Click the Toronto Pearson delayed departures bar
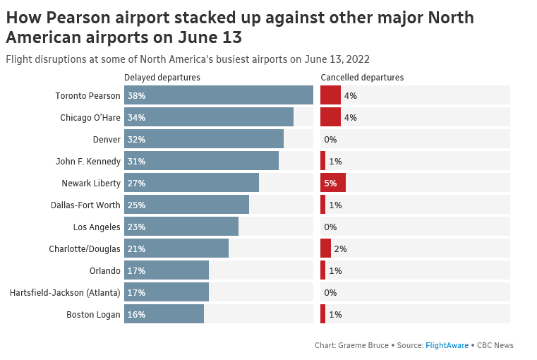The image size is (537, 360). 219,95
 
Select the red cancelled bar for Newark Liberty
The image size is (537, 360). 333,183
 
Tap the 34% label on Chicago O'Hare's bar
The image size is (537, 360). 136,117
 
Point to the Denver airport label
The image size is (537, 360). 107,139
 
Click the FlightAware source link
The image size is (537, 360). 447,345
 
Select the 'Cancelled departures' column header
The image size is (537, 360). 362,77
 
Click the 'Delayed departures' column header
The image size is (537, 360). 162,77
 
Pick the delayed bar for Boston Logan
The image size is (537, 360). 164,314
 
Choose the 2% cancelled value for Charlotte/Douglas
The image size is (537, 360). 340,248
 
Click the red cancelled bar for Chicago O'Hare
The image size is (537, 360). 330,117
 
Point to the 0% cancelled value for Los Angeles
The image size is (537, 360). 330,227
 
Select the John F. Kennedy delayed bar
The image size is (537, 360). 201,161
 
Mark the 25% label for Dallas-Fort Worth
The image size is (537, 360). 136,205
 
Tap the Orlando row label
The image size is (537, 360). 104,270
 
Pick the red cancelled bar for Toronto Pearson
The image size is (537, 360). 330,95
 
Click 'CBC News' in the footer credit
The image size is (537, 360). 495,345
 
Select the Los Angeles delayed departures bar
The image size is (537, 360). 181,227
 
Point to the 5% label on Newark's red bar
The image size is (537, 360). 330,183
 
